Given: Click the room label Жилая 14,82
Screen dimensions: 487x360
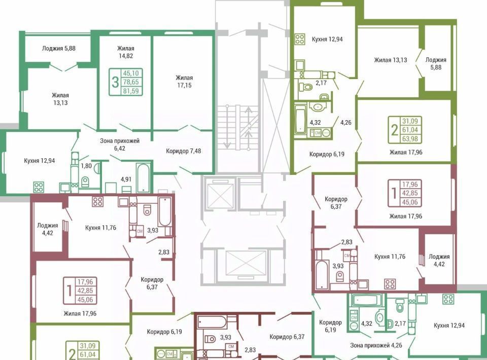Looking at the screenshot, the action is point(126,52).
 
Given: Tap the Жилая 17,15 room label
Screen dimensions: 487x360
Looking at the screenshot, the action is point(185,81).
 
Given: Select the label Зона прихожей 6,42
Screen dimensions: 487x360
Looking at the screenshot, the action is point(120,145).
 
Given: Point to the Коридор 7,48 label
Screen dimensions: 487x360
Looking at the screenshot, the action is point(183,151).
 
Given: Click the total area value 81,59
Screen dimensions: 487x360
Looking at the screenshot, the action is point(131,91).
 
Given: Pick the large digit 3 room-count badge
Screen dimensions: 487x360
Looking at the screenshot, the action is point(115,82).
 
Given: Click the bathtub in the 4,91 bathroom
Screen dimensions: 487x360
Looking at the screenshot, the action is point(143,178).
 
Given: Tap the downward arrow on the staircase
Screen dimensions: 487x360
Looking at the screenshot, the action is point(227,127).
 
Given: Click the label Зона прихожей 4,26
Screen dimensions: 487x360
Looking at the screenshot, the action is point(376,345).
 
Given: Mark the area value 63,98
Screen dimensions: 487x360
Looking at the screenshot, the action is point(410,139).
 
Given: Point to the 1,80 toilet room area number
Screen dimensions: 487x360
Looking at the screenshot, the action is point(86,166).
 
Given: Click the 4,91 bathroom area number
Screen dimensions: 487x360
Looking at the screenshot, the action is point(126,179).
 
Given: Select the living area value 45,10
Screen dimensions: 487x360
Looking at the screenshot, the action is point(131,73).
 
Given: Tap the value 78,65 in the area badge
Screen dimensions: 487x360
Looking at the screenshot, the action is point(131,82).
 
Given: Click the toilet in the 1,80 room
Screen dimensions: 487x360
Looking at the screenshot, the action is point(85,182).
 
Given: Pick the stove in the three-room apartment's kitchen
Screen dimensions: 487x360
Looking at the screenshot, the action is point(39,187).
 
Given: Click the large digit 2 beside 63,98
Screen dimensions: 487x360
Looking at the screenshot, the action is point(395,130).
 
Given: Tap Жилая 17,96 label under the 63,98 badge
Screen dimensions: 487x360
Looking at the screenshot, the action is point(406,152).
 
